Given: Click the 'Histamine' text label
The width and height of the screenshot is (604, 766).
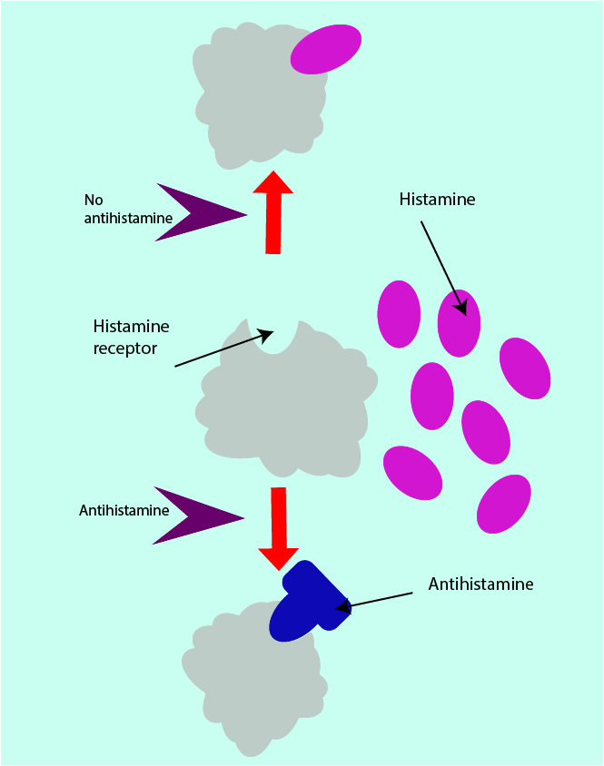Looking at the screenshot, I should [437, 199].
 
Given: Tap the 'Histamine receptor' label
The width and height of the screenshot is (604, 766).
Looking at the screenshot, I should [131, 337].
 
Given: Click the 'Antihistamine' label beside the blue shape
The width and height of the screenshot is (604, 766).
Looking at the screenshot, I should [480, 584].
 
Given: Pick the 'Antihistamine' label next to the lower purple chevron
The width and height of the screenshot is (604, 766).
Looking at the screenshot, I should [124, 510].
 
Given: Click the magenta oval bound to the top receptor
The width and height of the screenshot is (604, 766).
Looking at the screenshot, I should [325, 49].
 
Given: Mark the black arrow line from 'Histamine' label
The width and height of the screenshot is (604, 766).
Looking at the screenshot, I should [444, 264].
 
